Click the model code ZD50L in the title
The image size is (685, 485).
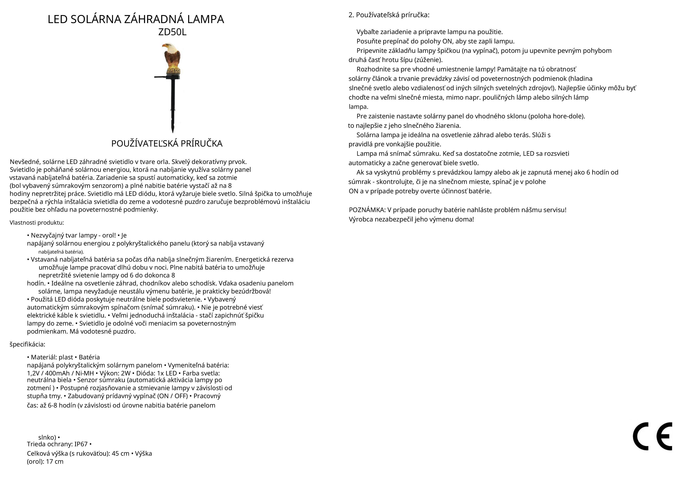(x=172, y=32)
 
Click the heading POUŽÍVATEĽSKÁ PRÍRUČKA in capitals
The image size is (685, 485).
(x=167, y=144)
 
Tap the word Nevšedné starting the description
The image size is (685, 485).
(x=25, y=162)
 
